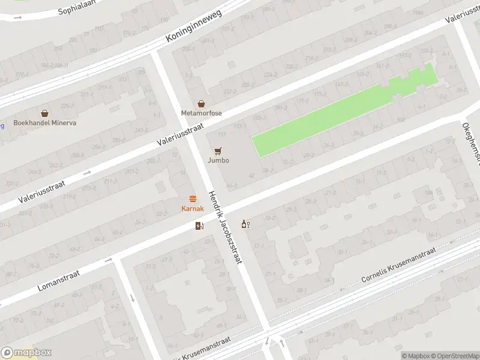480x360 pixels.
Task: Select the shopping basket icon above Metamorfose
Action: pyautogui.click(x=202, y=104)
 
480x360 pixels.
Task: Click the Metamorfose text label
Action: pyautogui.click(x=202, y=113)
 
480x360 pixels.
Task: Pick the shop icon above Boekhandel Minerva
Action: pyautogui.click(x=44, y=113)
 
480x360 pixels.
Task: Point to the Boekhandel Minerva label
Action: pyautogui.click(x=44, y=123)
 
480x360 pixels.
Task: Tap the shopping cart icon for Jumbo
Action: pyautogui.click(x=218, y=151)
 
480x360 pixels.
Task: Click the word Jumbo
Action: pyautogui.click(x=218, y=161)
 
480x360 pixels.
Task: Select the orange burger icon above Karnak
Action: pyautogui.click(x=193, y=199)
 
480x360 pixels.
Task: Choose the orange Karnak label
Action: pyautogui.click(x=193, y=209)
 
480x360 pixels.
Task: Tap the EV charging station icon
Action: pyautogui.click(x=200, y=226)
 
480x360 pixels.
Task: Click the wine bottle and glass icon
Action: pyautogui.click(x=245, y=224)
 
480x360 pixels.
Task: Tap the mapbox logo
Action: pyautogui.click(x=26, y=353)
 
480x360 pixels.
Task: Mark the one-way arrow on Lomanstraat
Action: pyautogui.click(x=109, y=260)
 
